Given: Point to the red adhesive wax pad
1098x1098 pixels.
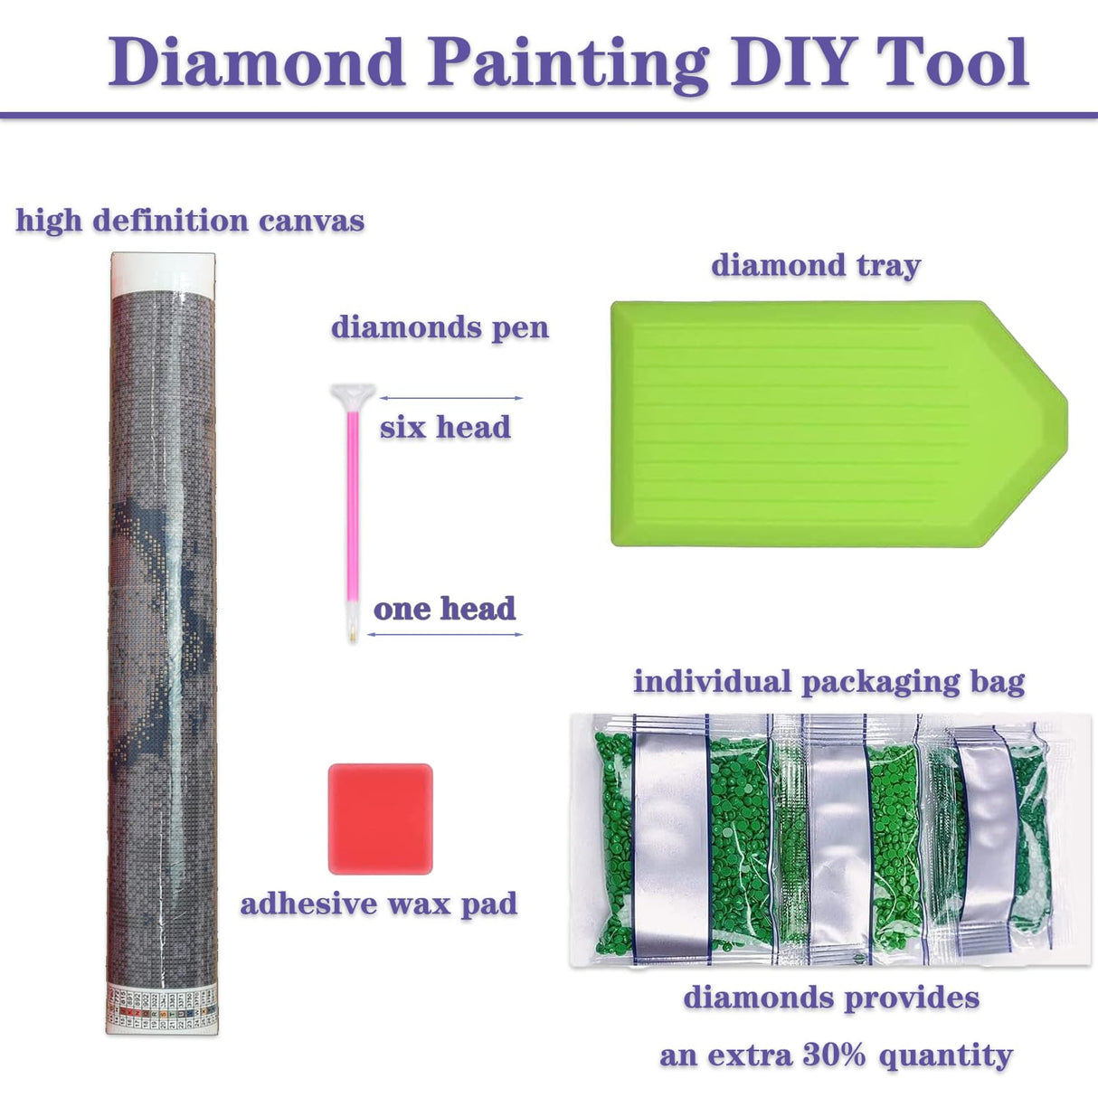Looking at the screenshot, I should [380, 819].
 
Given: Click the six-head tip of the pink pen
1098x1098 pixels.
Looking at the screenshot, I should [353, 395].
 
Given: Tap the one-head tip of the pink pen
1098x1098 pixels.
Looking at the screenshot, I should [353, 635].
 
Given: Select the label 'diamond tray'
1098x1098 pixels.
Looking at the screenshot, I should [815, 266].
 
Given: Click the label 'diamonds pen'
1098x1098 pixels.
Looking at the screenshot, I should [440, 327].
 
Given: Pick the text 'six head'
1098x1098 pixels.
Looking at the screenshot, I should [445, 427].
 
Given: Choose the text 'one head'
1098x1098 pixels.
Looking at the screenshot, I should [444, 609].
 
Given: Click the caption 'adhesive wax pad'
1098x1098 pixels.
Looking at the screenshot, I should [378, 904].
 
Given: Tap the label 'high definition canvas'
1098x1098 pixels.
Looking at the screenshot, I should [190, 221].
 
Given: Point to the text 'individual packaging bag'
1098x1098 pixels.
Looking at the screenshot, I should [828, 682].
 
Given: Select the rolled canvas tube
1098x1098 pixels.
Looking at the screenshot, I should [163, 633].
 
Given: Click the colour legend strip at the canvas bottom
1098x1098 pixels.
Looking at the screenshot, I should [163, 1006].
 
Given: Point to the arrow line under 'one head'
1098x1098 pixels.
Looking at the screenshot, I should [445, 634].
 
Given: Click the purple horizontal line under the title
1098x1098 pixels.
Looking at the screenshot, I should [549, 116].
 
